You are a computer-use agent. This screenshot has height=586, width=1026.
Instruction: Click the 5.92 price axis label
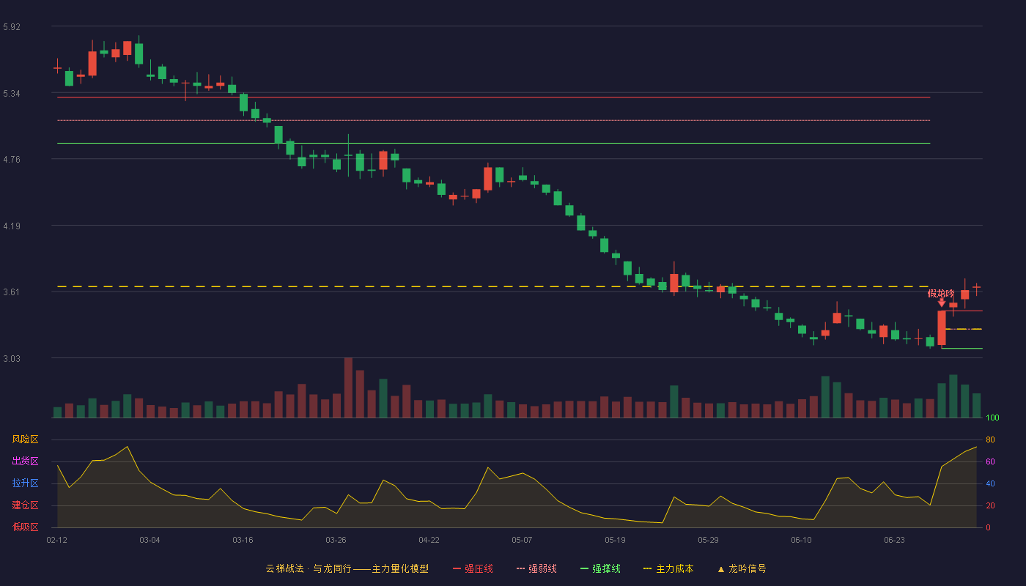pyautogui.click(x=12, y=27)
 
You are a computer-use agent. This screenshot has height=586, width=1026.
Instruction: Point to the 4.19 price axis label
pyautogui.click(x=12, y=226)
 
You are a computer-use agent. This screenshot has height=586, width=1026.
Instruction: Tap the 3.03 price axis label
pyautogui.click(x=12, y=359)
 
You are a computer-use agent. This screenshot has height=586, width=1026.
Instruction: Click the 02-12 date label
pyautogui.click(x=57, y=541)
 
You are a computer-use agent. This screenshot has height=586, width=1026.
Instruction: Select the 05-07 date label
pyautogui.click(x=522, y=541)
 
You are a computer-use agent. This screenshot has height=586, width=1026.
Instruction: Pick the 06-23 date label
pyautogui.click(x=894, y=541)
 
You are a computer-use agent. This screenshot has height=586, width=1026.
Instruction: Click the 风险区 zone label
pyautogui.click(x=25, y=439)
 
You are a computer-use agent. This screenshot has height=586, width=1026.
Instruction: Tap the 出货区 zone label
pyautogui.click(x=25, y=461)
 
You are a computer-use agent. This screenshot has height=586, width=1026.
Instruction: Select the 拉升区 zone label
pyautogui.click(x=25, y=483)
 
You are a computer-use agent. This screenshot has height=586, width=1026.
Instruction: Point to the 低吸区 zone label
pyautogui.click(x=25, y=527)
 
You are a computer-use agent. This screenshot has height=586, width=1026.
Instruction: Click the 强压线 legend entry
pyautogui.click(x=473, y=568)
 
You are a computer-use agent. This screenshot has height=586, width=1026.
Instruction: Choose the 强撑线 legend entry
pyautogui.click(x=600, y=568)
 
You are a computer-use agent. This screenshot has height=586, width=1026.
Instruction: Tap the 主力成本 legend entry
pyautogui.click(x=668, y=568)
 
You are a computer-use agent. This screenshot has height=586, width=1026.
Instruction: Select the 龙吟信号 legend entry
pyautogui.click(x=742, y=568)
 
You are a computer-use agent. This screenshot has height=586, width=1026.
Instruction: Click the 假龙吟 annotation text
pyautogui.click(x=941, y=294)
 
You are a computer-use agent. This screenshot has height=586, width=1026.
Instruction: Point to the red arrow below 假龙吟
pyautogui.click(x=942, y=303)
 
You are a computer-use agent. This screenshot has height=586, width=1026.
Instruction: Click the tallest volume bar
pyautogui.click(x=349, y=387)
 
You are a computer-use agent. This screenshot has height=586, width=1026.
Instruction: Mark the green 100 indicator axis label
pyautogui.click(x=992, y=418)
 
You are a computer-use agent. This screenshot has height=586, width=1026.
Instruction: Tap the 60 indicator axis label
pyautogui.click(x=990, y=461)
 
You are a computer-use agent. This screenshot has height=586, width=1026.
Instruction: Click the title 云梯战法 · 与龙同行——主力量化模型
pyautogui.click(x=347, y=568)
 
